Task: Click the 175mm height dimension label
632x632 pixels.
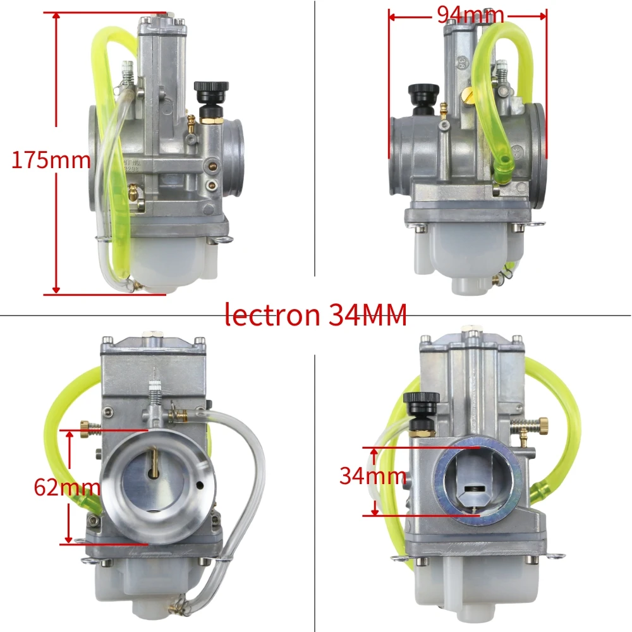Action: (51, 160)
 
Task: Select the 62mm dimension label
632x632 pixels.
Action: (67, 487)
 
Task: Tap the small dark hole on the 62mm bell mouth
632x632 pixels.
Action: (199, 485)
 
